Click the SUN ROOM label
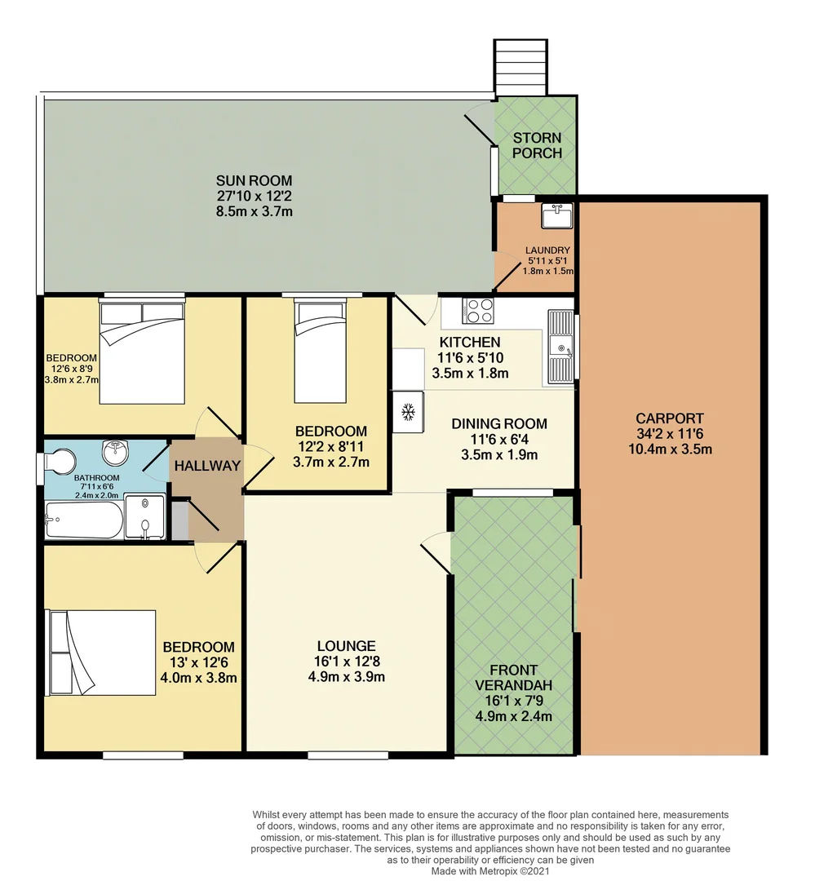[x=254, y=180]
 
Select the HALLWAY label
[x=206, y=466]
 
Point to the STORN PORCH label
[x=537, y=145]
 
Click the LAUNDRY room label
[x=547, y=250]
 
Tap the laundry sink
[x=557, y=216]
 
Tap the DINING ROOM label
[x=499, y=423]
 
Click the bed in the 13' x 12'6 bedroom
[x=101, y=653]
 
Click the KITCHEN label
[x=470, y=342]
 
